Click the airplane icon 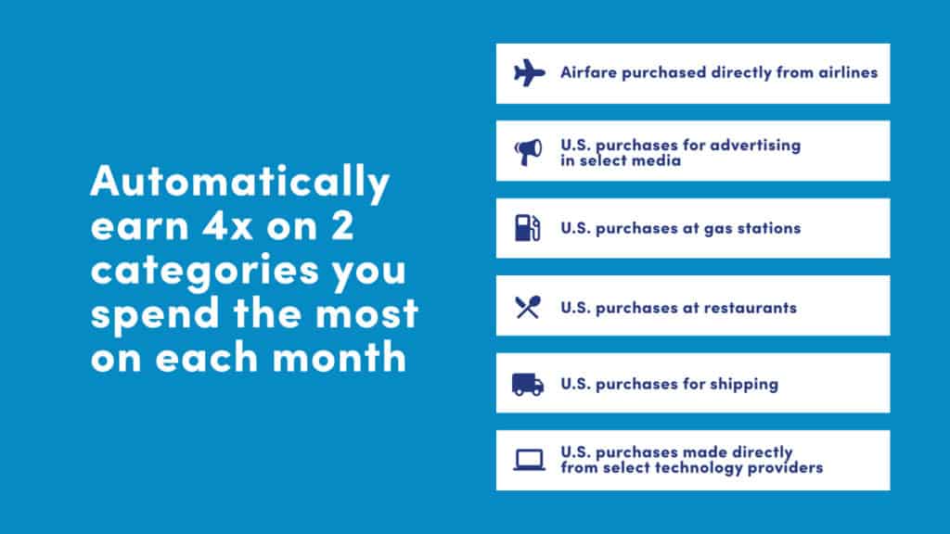click(x=529, y=72)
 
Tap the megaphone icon click(x=528, y=152)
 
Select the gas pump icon click(x=528, y=228)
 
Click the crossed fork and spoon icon click(x=528, y=308)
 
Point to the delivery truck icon click(x=528, y=385)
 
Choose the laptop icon click(x=529, y=460)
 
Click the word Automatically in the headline click(x=240, y=181)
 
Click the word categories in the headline click(x=205, y=270)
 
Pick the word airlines click(x=848, y=72)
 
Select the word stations click(x=771, y=228)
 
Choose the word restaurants click(x=750, y=308)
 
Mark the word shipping click(x=744, y=385)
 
